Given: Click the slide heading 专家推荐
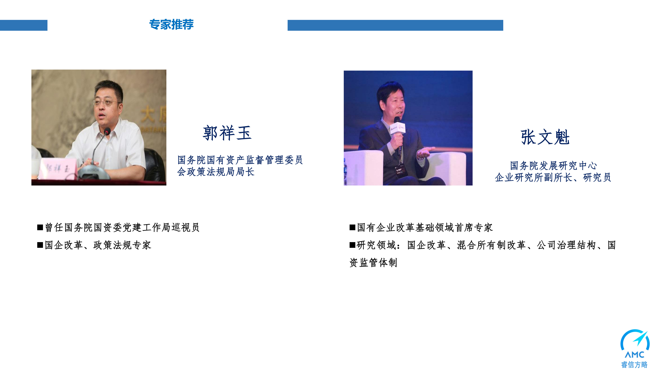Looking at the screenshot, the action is pos(171,24).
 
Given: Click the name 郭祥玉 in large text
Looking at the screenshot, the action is pos(227,133).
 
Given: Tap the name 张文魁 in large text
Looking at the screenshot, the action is pos(545,137).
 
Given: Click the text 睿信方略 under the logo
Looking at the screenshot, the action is pos(634,365).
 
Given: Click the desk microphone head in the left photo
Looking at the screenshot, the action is pos(107,132).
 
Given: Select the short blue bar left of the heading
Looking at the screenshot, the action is pos(24,25).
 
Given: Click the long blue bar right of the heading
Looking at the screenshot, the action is pos(395,25).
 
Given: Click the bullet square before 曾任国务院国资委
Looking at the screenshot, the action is pos(40,227).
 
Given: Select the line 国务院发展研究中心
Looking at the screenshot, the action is pos(553,166).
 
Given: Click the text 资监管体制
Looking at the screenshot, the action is pos(373,263).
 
